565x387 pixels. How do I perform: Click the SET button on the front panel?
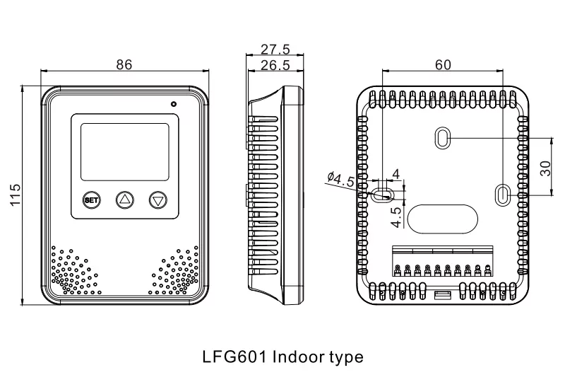click(x=91, y=200)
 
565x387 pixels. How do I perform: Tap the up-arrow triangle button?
click(x=124, y=200)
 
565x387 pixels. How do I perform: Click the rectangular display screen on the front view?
click(x=124, y=151)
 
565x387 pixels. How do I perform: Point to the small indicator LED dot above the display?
click(x=173, y=104)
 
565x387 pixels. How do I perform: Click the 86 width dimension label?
click(x=124, y=64)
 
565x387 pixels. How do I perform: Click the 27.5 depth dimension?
click(x=275, y=49)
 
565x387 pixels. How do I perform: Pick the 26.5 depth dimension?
click(x=275, y=65)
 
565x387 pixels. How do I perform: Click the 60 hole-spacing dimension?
click(x=443, y=64)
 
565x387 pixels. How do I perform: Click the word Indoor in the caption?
click(x=299, y=356)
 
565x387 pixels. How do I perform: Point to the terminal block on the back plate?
click(x=443, y=262)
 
